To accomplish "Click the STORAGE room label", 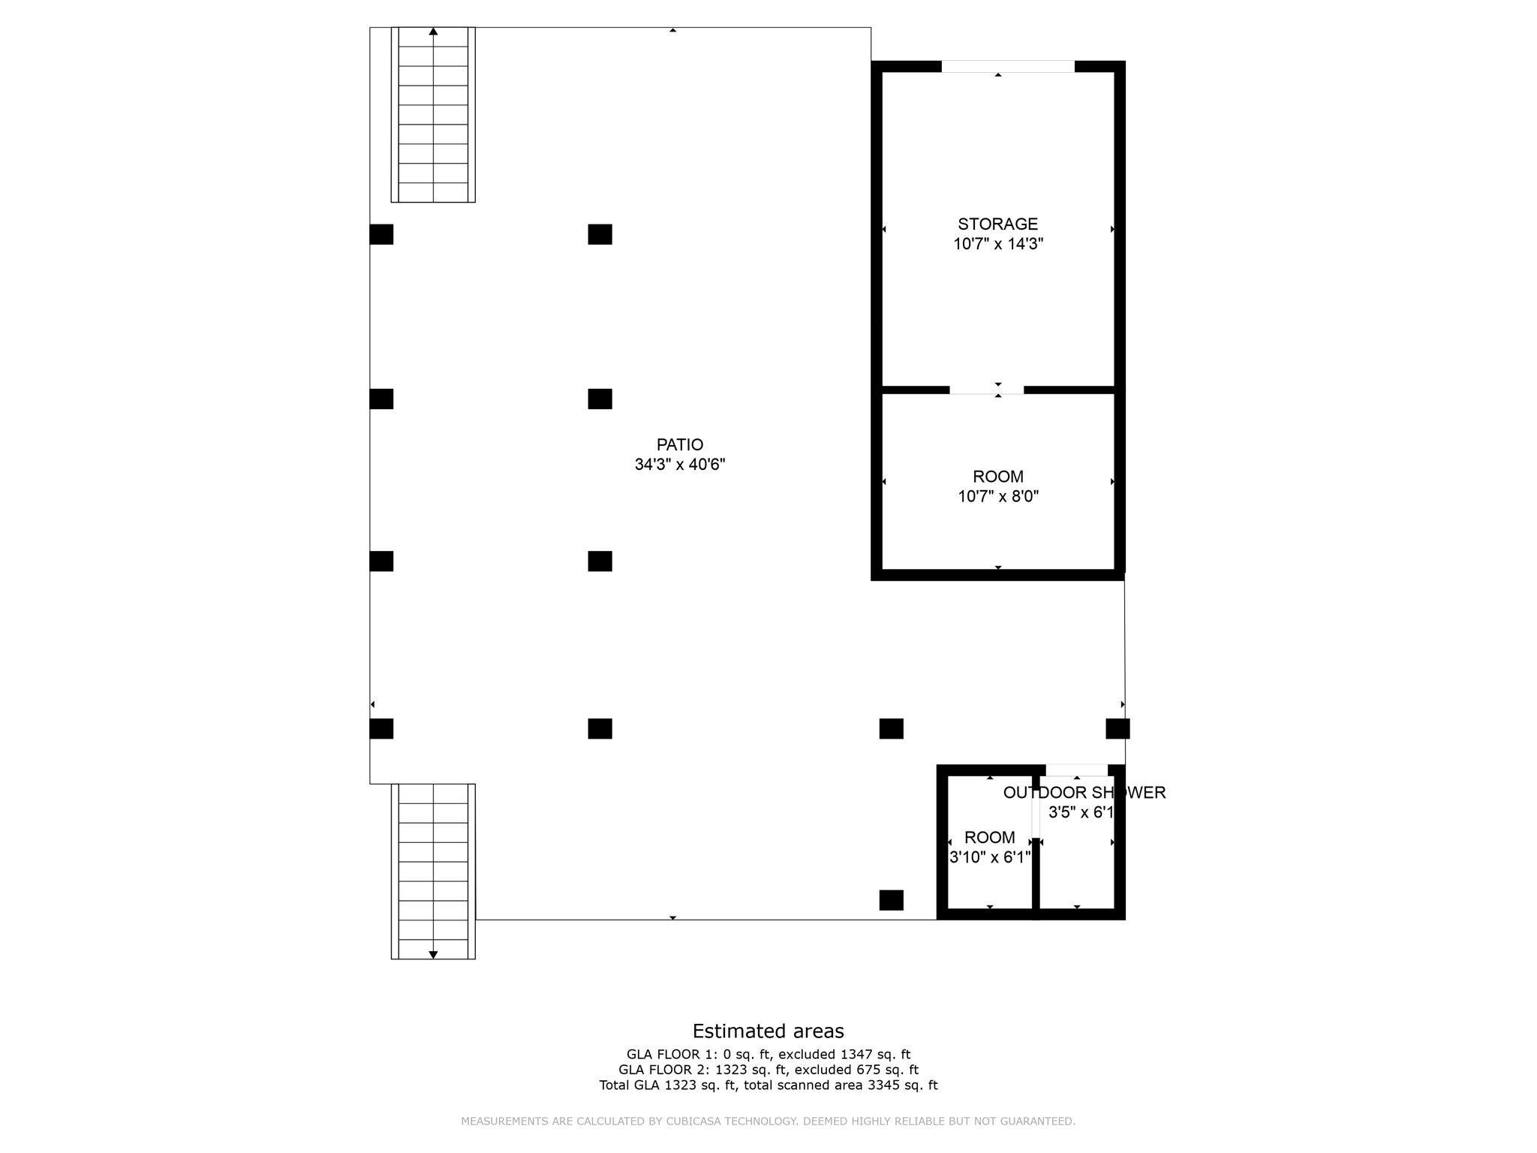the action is (x=997, y=224).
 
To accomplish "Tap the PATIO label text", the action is (x=679, y=444).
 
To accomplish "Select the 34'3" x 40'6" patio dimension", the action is (x=679, y=465).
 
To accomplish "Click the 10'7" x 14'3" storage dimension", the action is (x=998, y=244).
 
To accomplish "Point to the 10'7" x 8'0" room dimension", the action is (x=998, y=496).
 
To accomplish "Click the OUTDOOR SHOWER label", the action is (x=1084, y=793).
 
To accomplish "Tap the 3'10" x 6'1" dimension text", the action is (x=990, y=857).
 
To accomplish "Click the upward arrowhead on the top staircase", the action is (x=433, y=32).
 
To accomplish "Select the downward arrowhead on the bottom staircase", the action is (x=433, y=954).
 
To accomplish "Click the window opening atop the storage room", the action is (x=1008, y=67).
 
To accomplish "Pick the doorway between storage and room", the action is (x=987, y=390).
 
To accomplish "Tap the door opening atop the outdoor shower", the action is (x=1077, y=770).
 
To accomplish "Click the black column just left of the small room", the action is (x=892, y=900).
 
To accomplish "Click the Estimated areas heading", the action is (x=768, y=1031).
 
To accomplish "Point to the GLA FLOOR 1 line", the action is (x=768, y=1055).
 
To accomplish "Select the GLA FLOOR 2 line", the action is (x=768, y=1070).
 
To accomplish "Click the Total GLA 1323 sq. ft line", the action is (x=768, y=1085).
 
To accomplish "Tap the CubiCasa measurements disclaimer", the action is (x=768, y=1121).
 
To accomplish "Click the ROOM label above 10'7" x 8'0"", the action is (x=998, y=477).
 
